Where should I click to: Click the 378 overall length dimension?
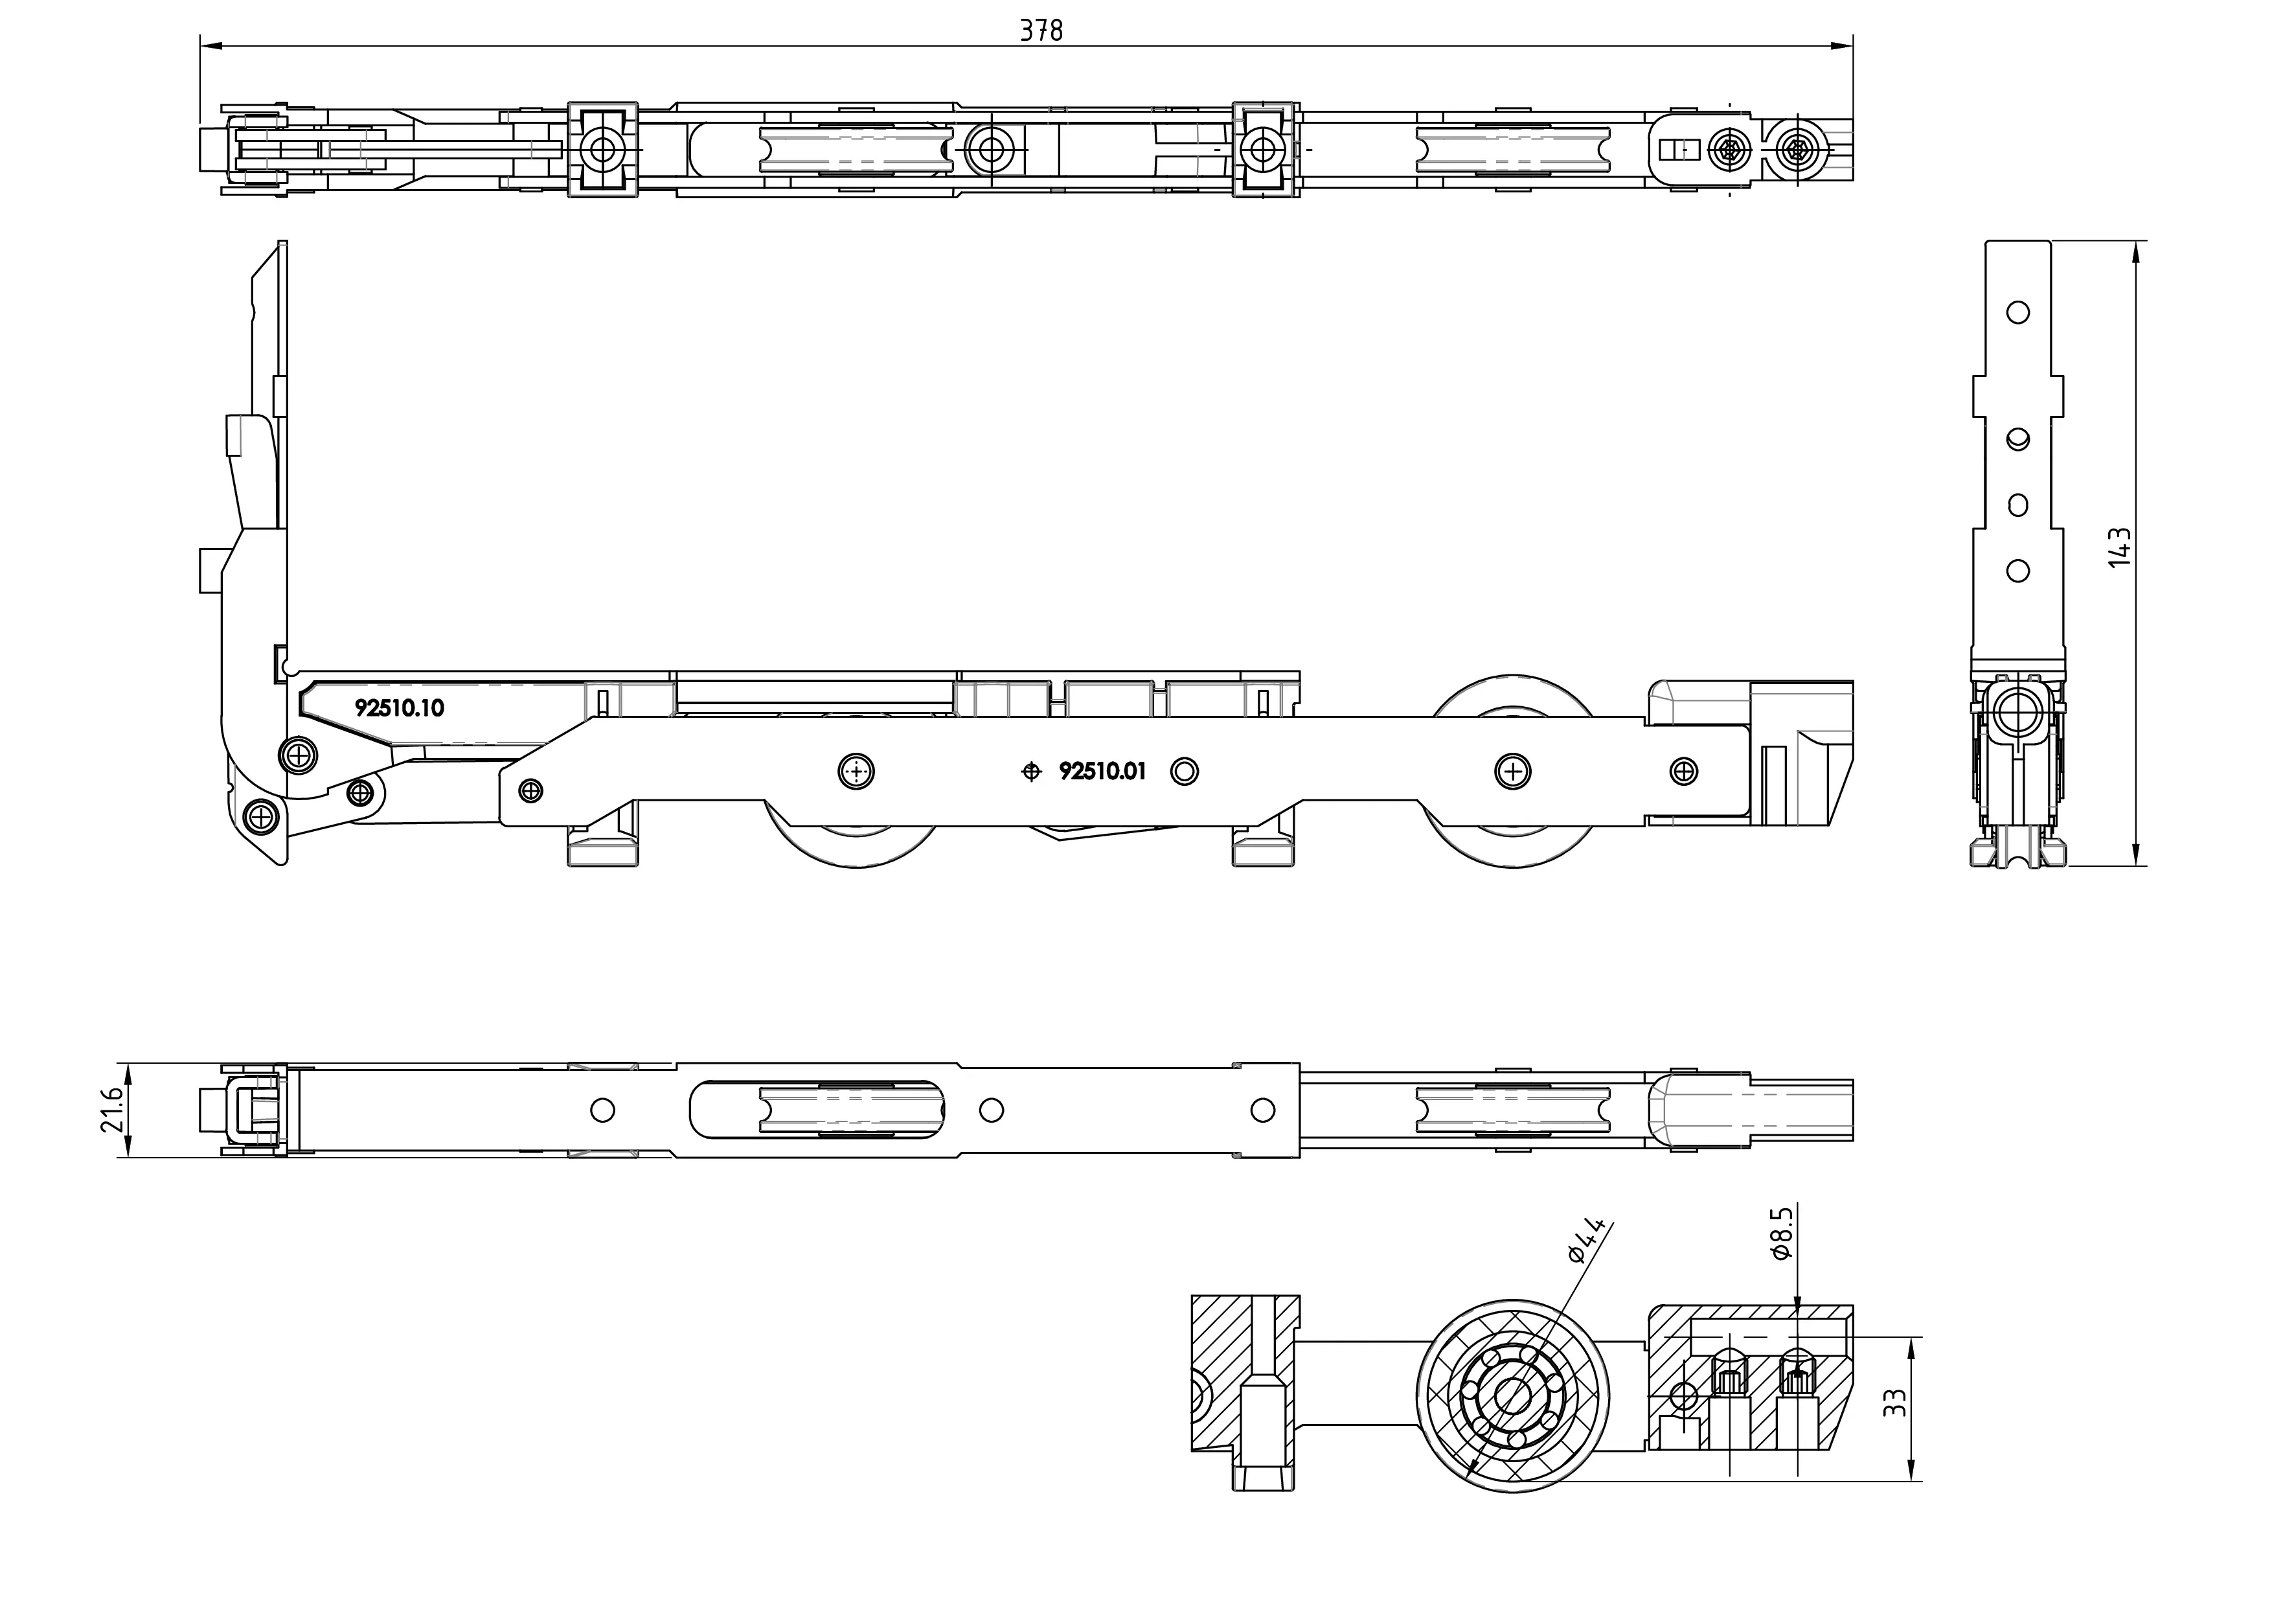[1041, 30]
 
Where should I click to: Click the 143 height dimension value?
[2119, 547]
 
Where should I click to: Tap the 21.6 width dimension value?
[112, 1109]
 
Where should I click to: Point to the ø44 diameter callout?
[1585, 1240]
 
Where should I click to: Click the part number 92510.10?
[400, 707]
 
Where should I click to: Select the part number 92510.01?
[1102, 771]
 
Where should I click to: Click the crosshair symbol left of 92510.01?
[1031, 772]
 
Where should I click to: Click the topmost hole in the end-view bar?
[2017, 313]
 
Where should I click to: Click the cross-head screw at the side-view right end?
[1683, 771]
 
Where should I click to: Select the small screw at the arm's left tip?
[531, 790]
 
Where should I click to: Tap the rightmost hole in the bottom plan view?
[1263, 1110]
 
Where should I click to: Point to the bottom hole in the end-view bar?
[2017, 571]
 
